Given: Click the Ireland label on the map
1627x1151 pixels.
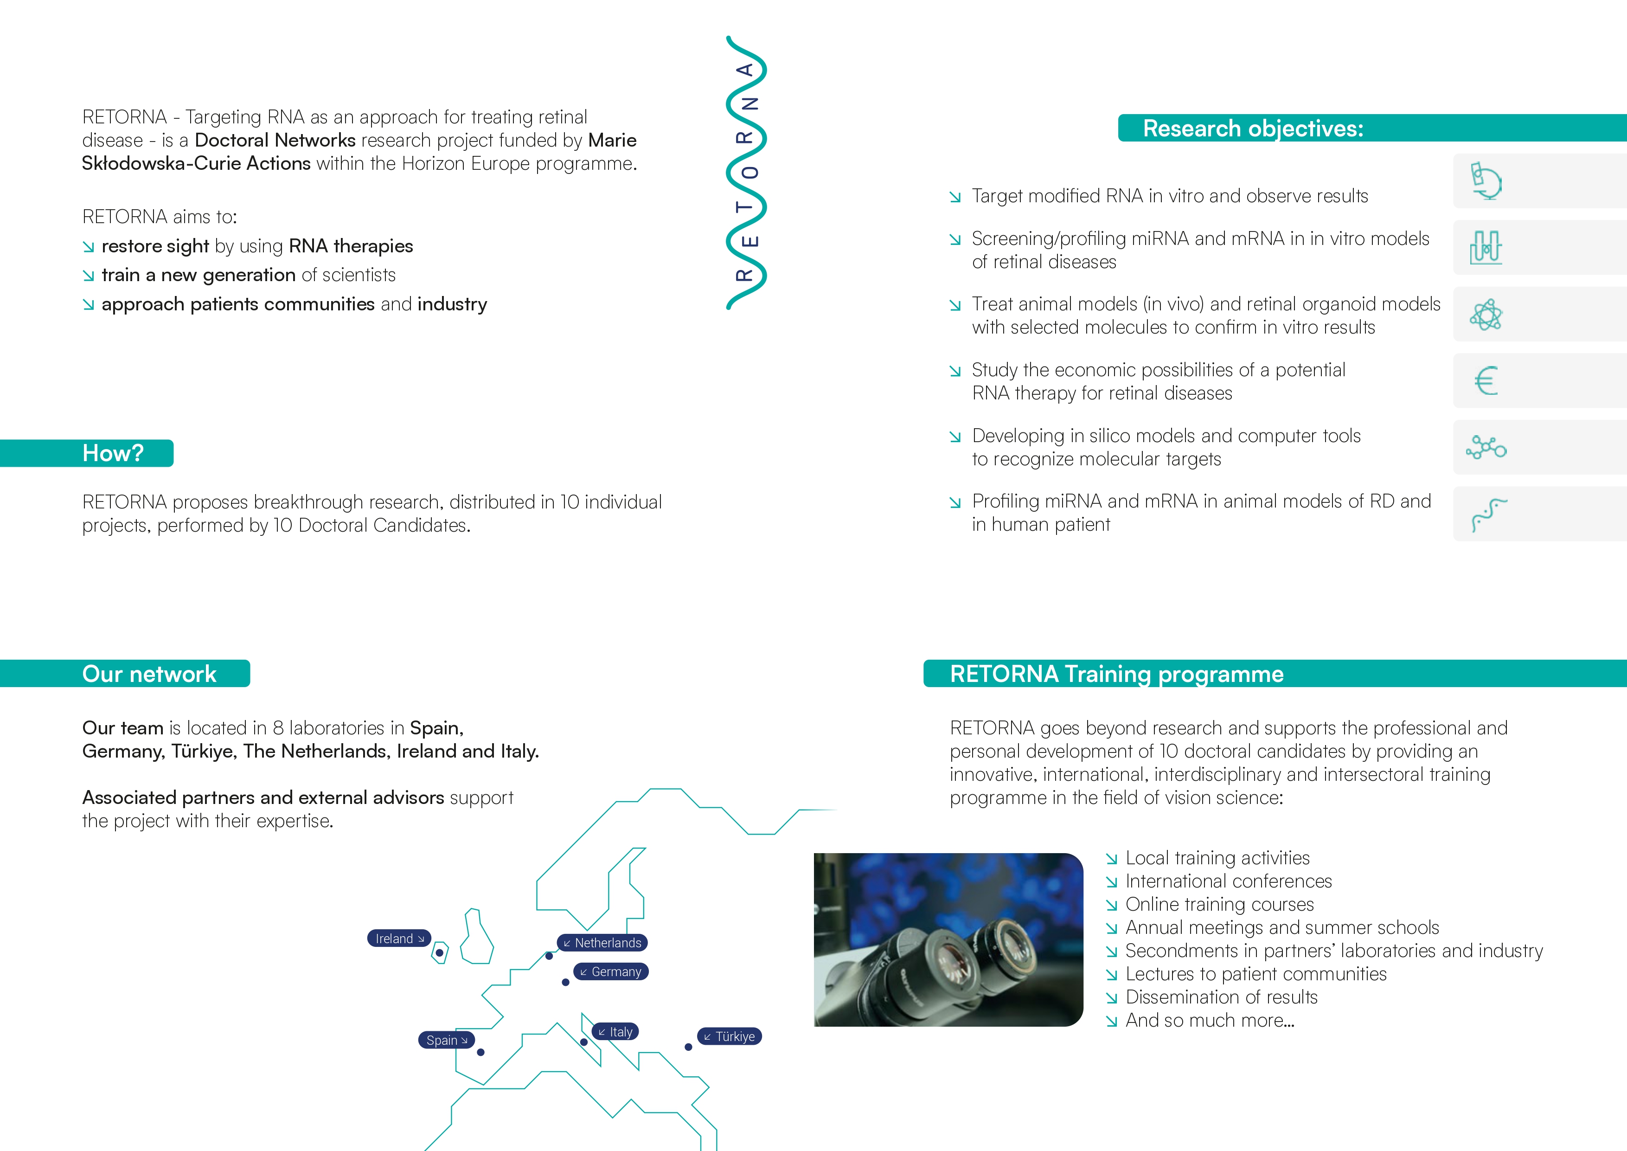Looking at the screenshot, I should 399,939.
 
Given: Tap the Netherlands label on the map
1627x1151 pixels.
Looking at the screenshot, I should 602,943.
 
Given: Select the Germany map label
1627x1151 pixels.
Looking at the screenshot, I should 611,971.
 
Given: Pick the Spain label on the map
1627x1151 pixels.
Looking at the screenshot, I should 447,1041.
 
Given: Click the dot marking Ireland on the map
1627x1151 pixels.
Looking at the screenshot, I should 439,952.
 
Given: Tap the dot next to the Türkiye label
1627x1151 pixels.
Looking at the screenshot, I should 688,1047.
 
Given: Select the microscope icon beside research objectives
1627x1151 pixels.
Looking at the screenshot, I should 1486,181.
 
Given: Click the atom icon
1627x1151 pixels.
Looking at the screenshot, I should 1486,315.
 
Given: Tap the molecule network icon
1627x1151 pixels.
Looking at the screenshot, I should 1486,447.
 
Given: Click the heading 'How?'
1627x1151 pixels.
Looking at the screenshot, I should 113,453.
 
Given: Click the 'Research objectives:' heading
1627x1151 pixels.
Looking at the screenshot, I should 1253,129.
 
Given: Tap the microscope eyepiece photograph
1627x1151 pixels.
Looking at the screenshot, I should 948,940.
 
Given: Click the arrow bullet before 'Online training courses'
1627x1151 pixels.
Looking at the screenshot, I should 1111,905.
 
